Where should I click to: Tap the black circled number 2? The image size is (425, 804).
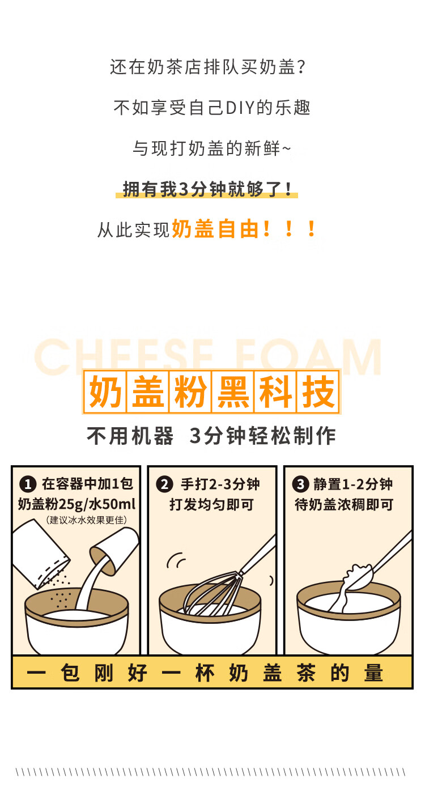(x=164, y=484)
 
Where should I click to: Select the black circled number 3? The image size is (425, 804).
(x=300, y=484)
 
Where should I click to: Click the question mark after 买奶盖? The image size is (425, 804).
(x=301, y=67)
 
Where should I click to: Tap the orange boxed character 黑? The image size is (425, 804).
(x=233, y=392)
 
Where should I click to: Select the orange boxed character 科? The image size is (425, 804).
(x=275, y=392)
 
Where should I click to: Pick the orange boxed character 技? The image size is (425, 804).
(x=318, y=392)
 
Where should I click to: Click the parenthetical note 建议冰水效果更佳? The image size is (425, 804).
(x=86, y=520)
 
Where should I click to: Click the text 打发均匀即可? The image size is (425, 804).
(x=211, y=504)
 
